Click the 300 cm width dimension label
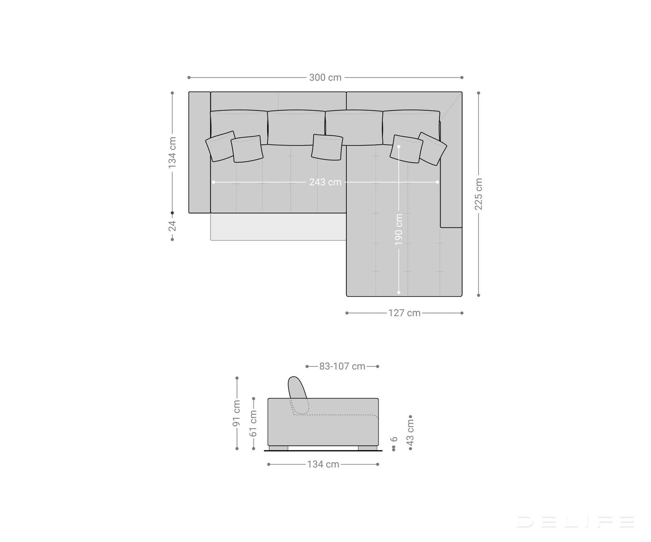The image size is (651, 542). point(325,77)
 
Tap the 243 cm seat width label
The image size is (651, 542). point(325,182)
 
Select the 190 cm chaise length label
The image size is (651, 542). point(399,229)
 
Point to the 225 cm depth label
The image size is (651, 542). point(478,194)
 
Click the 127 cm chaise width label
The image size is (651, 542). point(404,313)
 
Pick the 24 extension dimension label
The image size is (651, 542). point(173,226)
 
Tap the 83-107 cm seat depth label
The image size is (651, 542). point(342,366)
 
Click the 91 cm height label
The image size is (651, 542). point(237,414)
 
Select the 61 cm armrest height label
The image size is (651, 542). point(253,423)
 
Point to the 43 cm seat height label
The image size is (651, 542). point(410,432)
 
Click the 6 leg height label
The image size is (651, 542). point(393,439)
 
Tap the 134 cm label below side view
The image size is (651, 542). point(323,464)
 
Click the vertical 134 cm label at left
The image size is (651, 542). point(173,152)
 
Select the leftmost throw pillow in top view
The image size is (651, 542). point(220,146)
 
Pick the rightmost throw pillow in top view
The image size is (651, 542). point(432,148)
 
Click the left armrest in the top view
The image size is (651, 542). point(199,152)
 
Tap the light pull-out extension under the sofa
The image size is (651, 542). point(278,226)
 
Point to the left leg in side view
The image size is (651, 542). point(278,448)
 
